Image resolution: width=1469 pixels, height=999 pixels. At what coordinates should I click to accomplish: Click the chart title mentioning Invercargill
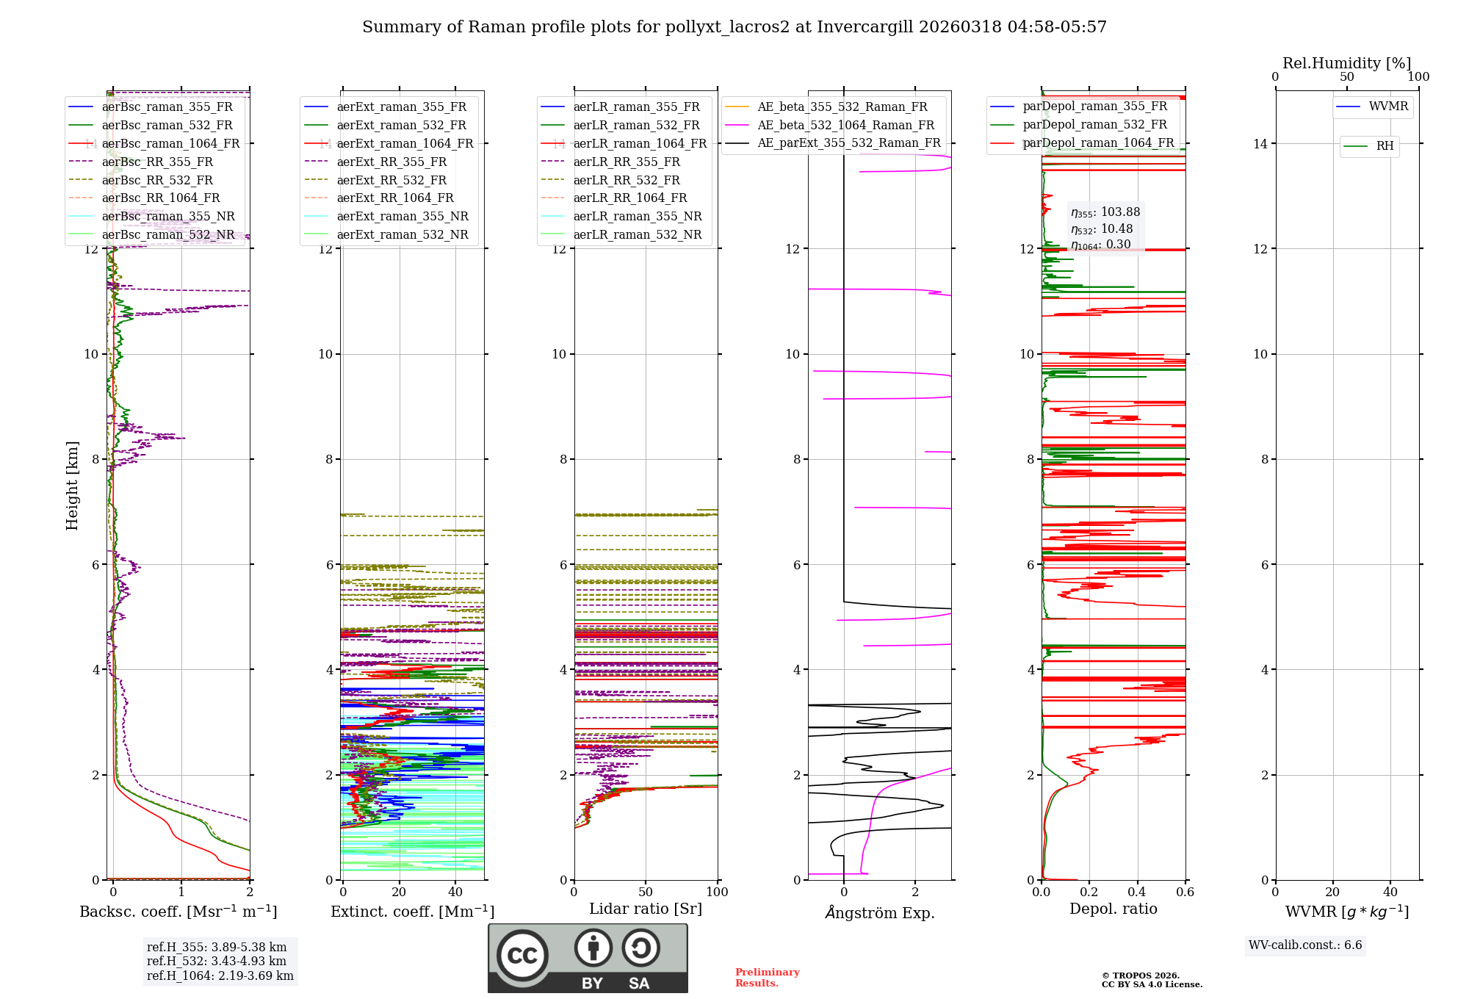coord(734,27)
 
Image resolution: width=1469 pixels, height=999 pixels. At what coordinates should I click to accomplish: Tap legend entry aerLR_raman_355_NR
coord(637,216)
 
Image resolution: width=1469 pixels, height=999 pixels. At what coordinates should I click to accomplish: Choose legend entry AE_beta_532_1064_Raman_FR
coord(845,125)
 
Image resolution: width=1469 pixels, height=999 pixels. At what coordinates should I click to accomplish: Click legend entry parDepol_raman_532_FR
coord(1094,125)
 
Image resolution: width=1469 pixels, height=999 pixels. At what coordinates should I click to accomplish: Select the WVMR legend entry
coord(1387,107)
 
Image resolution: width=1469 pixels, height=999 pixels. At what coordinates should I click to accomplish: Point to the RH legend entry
coord(1385,146)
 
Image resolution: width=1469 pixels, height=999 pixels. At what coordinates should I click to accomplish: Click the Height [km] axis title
coord(72,485)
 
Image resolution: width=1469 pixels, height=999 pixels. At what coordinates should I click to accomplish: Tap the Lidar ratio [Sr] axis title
coord(646,909)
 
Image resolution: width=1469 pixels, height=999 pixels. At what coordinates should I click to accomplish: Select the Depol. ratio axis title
coord(1113,909)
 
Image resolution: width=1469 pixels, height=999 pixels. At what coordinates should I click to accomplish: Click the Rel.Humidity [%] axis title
coord(1346,63)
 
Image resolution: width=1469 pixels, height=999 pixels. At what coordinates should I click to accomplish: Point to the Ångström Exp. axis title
coord(879,912)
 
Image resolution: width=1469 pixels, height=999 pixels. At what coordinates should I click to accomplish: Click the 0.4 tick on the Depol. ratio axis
coord(1137,892)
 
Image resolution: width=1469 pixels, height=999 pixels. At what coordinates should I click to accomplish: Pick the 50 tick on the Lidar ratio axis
coord(646,892)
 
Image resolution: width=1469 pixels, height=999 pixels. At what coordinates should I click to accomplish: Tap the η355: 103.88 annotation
coord(1105,212)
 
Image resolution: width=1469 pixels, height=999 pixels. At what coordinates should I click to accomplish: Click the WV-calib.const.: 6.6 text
coord(1305,945)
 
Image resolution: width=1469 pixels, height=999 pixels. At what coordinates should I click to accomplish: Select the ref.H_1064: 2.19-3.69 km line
coord(220,975)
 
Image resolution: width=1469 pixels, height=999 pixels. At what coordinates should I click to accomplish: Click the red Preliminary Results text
coord(767,977)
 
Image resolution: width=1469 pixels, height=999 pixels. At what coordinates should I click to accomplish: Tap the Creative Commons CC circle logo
coord(522,956)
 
